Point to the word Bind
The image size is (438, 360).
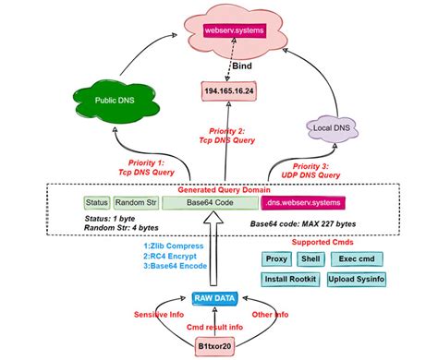coord(241,67)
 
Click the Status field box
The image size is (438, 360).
coord(96,202)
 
